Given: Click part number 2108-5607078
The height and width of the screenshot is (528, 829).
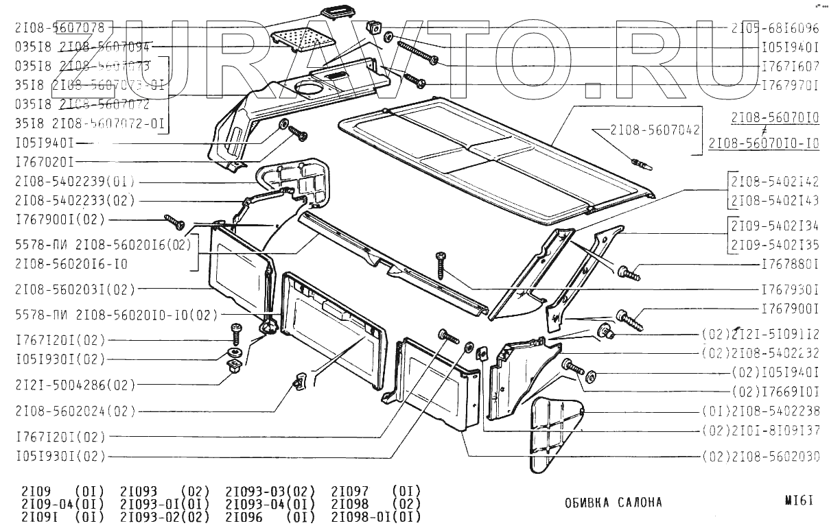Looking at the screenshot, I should [60, 28].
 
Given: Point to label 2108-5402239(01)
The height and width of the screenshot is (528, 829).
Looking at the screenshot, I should [75, 182].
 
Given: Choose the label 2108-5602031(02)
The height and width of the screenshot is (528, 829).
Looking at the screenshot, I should [75, 289].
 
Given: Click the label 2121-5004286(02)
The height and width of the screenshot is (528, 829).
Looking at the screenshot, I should [75, 385].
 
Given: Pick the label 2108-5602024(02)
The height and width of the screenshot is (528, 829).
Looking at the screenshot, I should [75, 411].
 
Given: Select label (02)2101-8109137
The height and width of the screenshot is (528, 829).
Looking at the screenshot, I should [760, 431].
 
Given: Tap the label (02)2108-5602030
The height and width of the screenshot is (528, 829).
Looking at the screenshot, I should [760, 456].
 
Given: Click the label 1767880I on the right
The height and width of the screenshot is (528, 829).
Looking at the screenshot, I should [790, 263].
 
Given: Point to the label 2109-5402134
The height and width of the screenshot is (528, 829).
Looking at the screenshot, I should [774, 226].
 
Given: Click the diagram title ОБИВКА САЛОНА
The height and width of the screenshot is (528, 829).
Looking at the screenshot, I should [614, 503].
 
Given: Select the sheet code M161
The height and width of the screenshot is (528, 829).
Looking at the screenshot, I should [801, 501].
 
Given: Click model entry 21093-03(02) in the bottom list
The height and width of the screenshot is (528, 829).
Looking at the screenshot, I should [270, 492].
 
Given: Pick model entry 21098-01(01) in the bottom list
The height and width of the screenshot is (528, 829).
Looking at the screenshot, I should [375, 516].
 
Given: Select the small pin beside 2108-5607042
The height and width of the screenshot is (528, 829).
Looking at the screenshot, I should [642, 165].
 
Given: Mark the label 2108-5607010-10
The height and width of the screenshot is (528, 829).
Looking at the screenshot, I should [763, 143].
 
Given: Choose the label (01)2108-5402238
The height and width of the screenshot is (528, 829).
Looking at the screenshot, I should [760, 411].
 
